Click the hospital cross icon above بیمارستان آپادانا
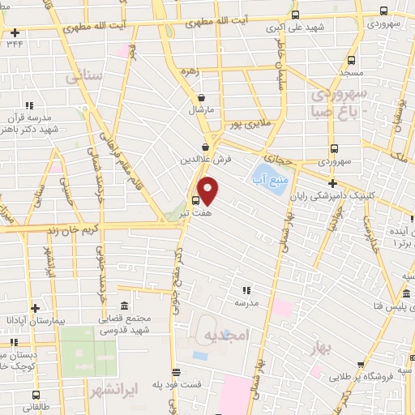[x=35, y=308]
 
